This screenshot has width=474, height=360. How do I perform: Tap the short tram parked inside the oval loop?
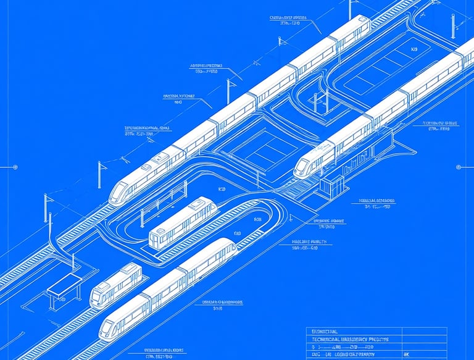(183, 222)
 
